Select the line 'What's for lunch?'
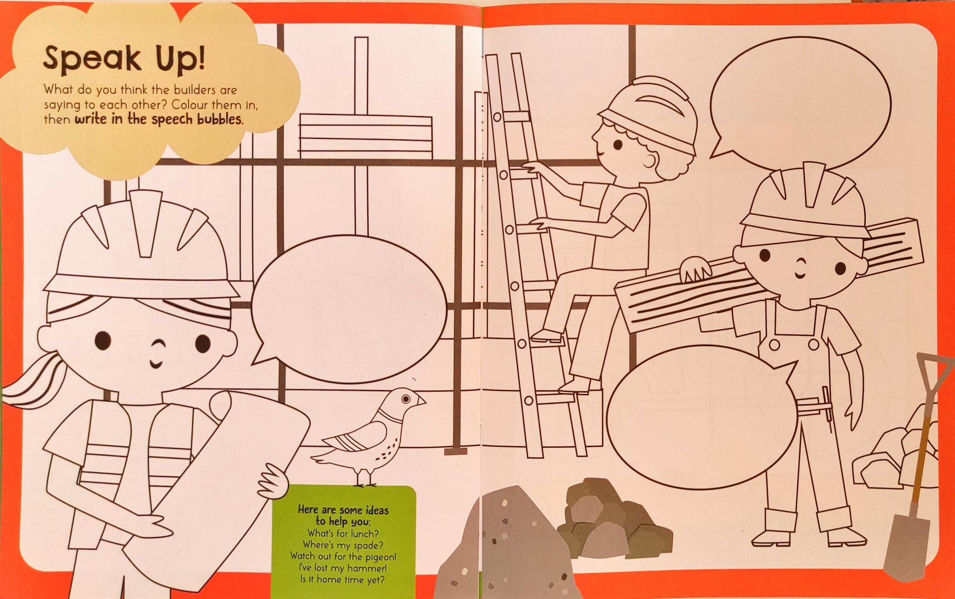(343, 533)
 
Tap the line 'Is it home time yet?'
(343, 580)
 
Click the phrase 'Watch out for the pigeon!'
(343, 556)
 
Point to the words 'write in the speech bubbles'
(158, 120)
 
